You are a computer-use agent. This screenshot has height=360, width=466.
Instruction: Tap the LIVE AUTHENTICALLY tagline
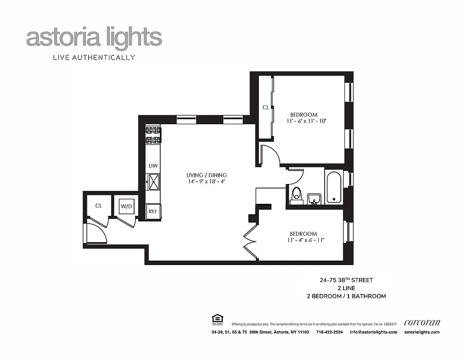[x=94, y=57]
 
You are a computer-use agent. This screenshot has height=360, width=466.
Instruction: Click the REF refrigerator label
[x=153, y=211]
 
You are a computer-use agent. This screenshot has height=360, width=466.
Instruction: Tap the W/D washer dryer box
[x=126, y=207]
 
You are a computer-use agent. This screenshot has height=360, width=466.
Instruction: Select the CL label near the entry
[x=99, y=206]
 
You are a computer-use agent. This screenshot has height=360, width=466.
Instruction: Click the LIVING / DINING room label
[x=207, y=175]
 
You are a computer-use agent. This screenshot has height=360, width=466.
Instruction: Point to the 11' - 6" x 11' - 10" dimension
[x=306, y=121]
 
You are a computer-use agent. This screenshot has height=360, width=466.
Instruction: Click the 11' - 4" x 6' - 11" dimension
[x=306, y=240]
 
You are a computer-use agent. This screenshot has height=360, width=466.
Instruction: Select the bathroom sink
[x=314, y=198]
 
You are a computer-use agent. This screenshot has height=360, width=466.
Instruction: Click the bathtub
[x=334, y=187]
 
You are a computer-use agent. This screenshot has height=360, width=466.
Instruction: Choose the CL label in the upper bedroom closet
[x=266, y=108]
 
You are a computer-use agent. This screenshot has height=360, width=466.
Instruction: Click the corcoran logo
[x=422, y=322]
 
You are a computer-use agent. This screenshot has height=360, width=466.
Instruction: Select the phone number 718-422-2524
[x=329, y=332]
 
